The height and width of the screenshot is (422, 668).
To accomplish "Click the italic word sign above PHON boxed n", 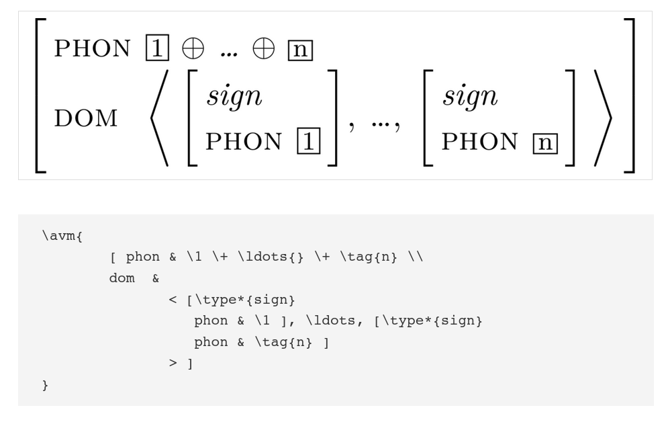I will [x=469, y=98].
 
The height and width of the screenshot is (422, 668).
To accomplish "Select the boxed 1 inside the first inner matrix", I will [x=309, y=142].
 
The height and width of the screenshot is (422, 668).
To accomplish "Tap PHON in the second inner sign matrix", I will [x=481, y=142].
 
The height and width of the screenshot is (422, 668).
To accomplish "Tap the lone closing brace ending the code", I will [x=45, y=386].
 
